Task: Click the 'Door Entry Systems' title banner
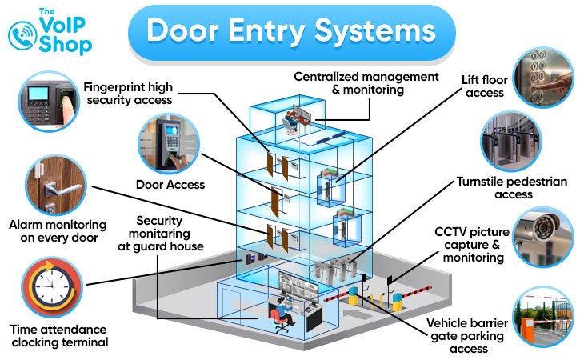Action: click(x=291, y=32)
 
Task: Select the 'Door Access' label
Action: click(x=170, y=185)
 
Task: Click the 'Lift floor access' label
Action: click(x=482, y=86)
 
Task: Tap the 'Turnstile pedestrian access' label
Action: click(x=511, y=188)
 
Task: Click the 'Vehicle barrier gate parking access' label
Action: click(x=468, y=337)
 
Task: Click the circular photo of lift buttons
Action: click(x=543, y=77)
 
